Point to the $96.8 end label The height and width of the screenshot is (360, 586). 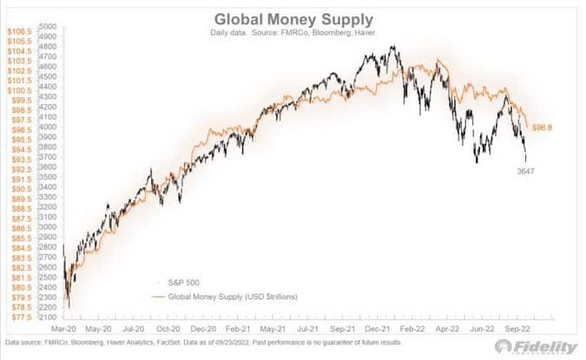click(543, 128)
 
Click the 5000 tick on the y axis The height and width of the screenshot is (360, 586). click(48, 27)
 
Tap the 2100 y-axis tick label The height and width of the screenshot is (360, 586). click(48, 317)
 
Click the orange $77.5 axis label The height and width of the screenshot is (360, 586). click(21, 317)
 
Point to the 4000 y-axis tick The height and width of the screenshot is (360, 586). click(48, 127)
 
